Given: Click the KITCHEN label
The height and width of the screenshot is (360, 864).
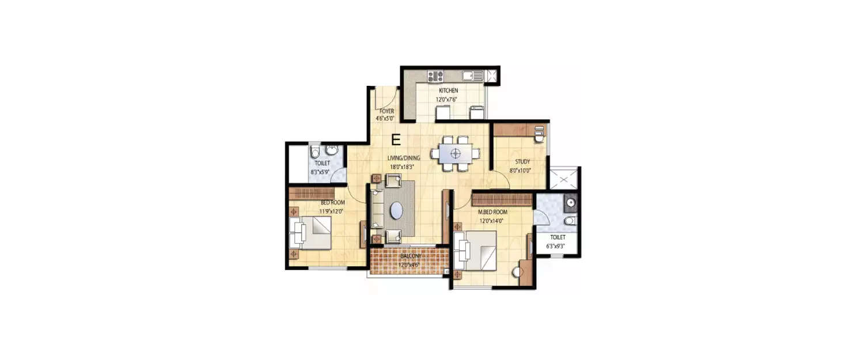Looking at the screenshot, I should point(448,91).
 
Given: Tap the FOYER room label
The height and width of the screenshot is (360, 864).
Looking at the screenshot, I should point(386,111).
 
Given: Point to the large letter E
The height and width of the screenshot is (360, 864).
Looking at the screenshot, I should point(396,139).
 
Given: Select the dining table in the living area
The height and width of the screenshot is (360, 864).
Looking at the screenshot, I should point(456,153).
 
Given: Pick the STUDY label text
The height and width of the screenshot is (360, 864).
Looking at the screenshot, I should point(520,162).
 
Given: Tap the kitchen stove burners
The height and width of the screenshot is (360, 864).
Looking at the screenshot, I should point(434,75).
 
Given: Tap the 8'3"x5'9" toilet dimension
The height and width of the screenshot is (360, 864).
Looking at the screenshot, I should point(319,171).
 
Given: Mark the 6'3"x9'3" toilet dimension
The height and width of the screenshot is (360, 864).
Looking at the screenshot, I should point(557,245).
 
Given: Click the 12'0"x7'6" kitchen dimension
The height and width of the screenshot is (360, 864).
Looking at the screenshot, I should point(446,99).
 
